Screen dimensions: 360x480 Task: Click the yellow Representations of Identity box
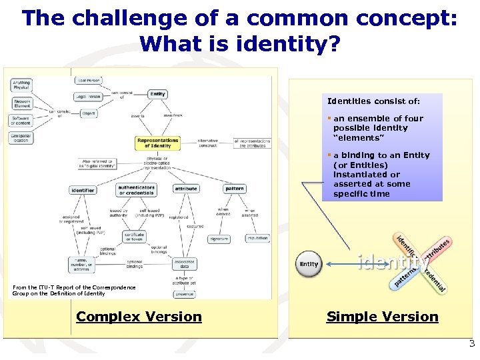(158, 143)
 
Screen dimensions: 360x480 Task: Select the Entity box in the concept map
(157, 94)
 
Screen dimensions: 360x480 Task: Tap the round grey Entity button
(309, 264)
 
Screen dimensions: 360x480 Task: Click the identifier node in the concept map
(83, 190)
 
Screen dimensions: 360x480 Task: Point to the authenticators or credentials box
(136, 190)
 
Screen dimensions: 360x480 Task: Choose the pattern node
(234, 189)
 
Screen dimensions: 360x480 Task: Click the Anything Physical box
(21, 85)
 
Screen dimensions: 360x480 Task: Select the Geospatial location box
(21, 137)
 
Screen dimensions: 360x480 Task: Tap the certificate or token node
(135, 237)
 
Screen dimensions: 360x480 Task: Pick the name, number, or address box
(81, 265)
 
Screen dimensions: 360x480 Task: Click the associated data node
(184, 263)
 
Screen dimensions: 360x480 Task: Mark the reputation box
(257, 238)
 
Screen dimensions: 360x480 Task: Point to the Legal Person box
(89, 97)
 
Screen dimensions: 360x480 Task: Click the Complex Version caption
(139, 317)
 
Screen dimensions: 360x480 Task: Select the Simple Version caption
(382, 317)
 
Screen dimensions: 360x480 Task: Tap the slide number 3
(472, 344)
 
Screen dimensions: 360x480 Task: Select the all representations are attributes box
(252, 143)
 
